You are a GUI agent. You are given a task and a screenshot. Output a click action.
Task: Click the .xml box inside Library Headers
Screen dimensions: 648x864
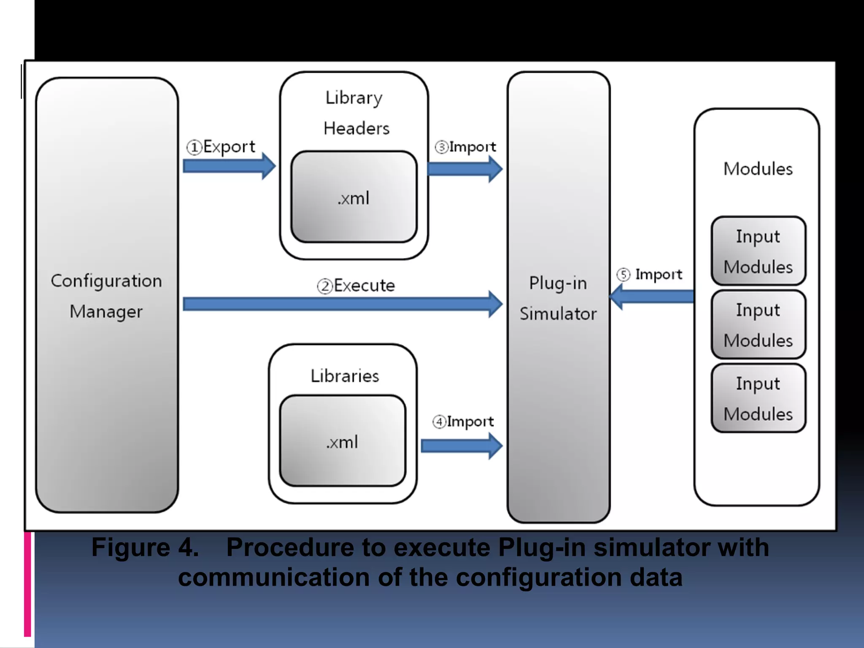point(354,197)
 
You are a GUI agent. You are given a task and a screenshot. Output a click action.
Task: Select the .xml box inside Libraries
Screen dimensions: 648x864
point(342,441)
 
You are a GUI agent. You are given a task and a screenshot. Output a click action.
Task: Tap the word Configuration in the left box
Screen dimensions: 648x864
point(106,281)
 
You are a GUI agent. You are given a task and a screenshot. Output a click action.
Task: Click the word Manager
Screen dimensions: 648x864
point(106,312)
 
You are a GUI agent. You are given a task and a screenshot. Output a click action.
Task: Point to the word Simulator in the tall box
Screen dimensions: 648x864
point(558,314)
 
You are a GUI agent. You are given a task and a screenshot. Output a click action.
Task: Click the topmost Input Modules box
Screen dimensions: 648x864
point(758,251)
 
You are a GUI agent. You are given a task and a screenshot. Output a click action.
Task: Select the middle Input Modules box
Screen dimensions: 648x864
point(758,324)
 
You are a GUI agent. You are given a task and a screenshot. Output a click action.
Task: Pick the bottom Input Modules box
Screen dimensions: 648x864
point(758,398)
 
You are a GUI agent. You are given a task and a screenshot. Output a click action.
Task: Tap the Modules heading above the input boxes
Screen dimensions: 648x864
point(758,169)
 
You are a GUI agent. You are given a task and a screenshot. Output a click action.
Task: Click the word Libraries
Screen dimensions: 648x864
point(345,376)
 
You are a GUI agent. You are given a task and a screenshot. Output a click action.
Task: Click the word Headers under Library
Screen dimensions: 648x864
point(356,128)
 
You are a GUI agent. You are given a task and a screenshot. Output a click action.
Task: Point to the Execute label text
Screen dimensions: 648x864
point(364,286)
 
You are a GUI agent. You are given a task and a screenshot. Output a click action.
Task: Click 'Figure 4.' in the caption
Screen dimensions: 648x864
point(145,548)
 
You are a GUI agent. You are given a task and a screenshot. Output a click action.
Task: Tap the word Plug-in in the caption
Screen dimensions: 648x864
point(542,548)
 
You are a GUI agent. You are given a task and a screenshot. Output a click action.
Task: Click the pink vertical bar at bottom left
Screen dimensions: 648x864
point(28,584)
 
